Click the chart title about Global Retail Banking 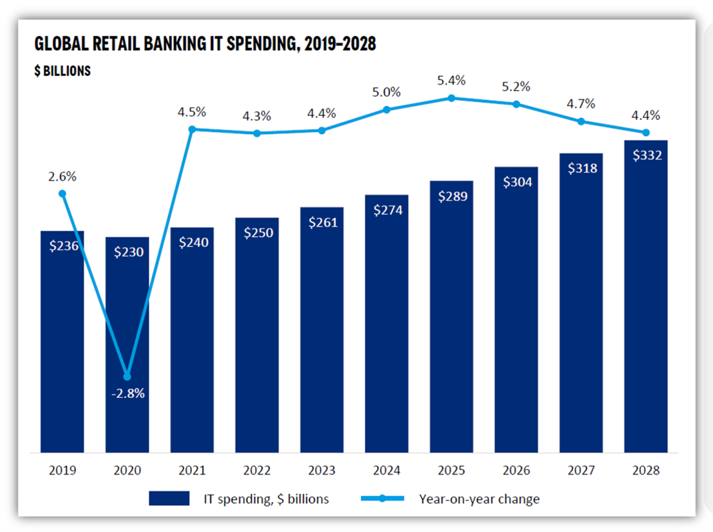205,44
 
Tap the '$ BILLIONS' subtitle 62,71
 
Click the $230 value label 127,252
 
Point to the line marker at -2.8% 127,377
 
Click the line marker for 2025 452,98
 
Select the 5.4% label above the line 452,81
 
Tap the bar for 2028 646,300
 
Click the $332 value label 646,155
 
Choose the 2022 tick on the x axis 257,470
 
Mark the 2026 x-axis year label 516,470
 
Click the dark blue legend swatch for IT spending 169,499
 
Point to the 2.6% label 62,177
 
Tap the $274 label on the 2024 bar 386,210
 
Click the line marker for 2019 62,193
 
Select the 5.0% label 386,92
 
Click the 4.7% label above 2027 581,104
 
